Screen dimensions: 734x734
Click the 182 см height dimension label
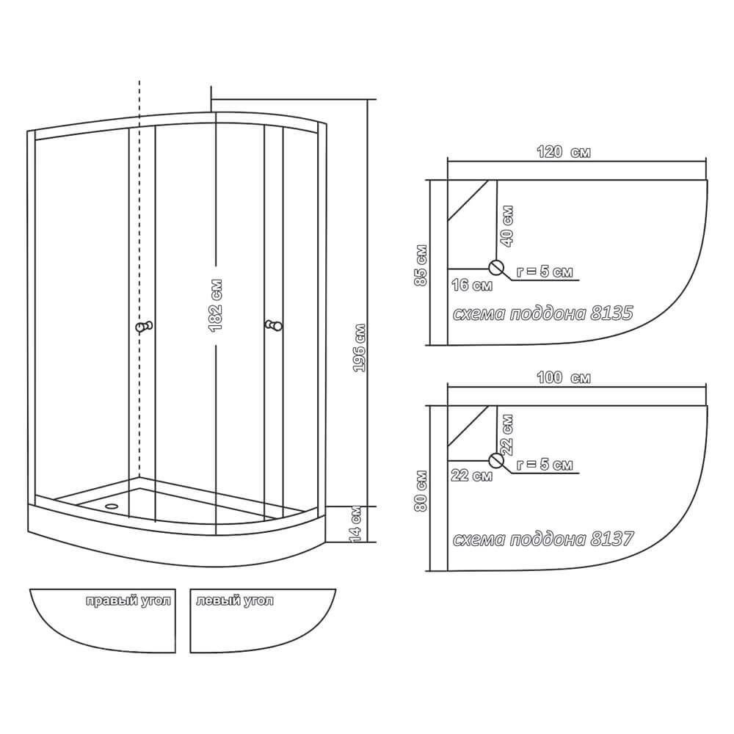point(215,305)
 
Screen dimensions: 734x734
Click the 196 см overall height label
point(359,348)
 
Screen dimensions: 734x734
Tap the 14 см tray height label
point(356,524)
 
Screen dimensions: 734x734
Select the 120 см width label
point(563,152)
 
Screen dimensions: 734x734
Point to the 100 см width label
point(563,377)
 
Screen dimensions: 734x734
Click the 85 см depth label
point(421,265)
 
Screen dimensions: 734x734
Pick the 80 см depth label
point(421,490)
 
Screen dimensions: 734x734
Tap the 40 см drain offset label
point(507,226)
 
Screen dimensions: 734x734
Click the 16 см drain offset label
point(471,285)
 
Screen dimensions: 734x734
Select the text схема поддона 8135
point(542,313)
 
